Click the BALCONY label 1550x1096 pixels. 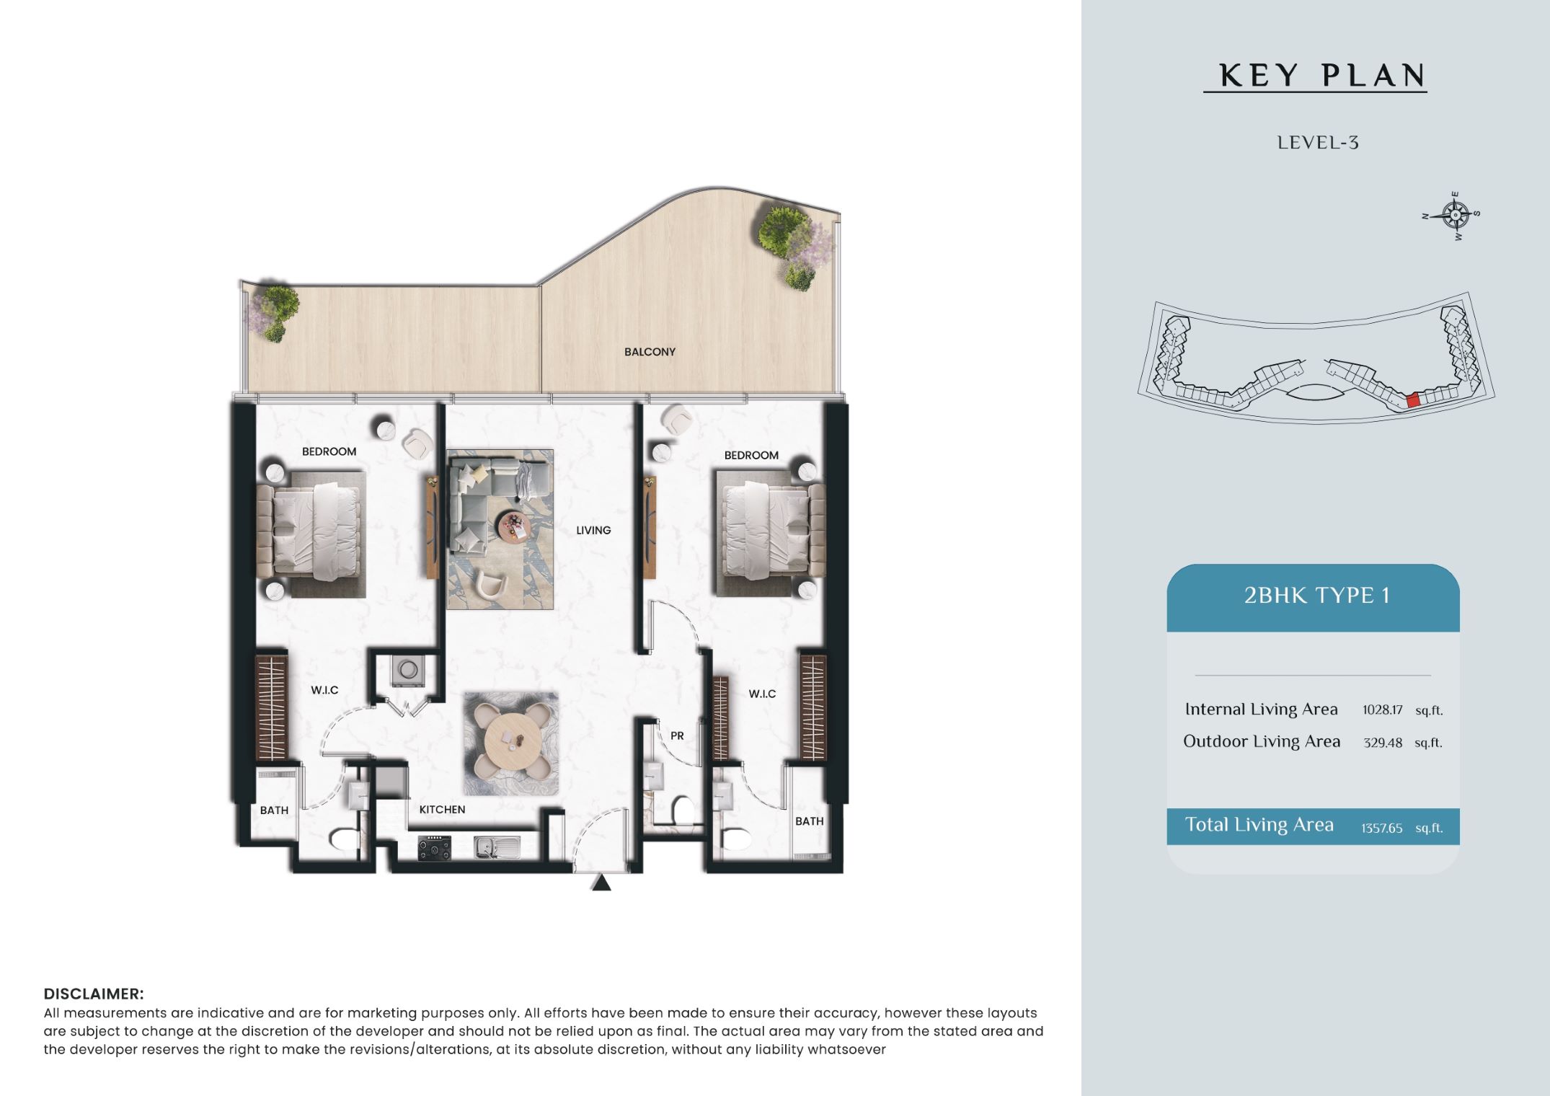650,352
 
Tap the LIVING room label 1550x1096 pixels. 593,530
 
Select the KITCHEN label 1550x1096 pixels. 442,810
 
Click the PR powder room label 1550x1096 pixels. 677,736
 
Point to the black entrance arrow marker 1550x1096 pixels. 601,883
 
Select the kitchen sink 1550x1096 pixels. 497,847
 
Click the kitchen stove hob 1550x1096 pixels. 435,847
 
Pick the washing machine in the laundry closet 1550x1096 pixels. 408,671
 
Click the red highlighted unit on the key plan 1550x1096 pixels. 1412,400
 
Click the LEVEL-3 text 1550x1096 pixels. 1318,143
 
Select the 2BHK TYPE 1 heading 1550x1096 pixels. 1316,596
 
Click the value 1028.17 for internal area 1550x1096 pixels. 1382,710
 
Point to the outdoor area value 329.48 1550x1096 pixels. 1383,743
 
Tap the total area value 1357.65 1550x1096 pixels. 1381,828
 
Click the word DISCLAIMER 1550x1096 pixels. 94,994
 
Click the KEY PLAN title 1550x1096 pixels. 1322,76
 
